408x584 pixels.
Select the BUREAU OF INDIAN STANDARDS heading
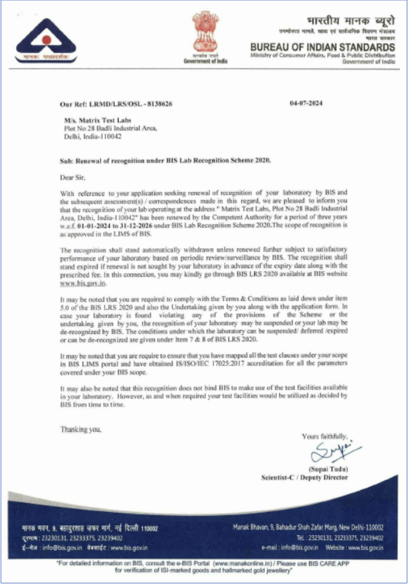pos(323,48)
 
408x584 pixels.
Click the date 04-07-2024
pos(306,103)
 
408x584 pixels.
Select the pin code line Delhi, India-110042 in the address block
pos(93,136)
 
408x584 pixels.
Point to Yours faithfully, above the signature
pos(324,436)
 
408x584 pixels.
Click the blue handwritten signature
pos(334,452)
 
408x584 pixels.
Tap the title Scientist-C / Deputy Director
pos(304,478)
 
